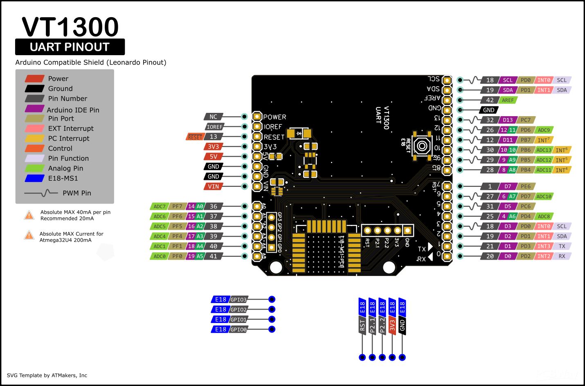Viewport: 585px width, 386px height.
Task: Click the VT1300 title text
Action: pyautogui.click(x=70, y=27)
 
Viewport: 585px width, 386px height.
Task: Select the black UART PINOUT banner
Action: pyautogui.click(x=70, y=47)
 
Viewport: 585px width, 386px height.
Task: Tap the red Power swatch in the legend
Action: pyautogui.click(x=34, y=79)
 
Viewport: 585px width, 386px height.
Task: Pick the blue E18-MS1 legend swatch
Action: pyautogui.click(x=34, y=178)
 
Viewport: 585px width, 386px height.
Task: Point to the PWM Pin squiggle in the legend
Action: pyautogui.click(x=41, y=193)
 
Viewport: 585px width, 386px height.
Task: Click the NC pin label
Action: pyautogui.click(x=213, y=117)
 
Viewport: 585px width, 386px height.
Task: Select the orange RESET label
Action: pyautogui.click(x=195, y=137)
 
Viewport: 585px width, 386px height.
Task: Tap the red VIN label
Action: pyautogui.click(x=213, y=186)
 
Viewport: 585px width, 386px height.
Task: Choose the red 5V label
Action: pyautogui.click(x=213, y=157)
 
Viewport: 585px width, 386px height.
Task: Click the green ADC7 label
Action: pyautogui.click(x=159, y=206)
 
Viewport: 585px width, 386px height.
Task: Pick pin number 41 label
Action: pyautogui.click(x=213, y=256)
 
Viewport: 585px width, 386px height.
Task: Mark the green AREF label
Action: pyautogui.click(x=508, y=100)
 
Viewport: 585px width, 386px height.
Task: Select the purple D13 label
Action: pyautogui.click(x=508, y=120)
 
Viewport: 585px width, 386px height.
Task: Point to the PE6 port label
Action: pyautogui.click(x=526, y=186)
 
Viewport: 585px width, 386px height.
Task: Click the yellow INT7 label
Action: pyautogui.click(x=544, y=140)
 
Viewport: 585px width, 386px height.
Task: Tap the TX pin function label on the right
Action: pyautogui.click(x=562, y=246)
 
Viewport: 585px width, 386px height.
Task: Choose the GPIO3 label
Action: pyautogui.click(x=238, y=300)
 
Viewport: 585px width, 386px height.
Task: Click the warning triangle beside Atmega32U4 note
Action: pyautogui.click(x=29, y=235)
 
